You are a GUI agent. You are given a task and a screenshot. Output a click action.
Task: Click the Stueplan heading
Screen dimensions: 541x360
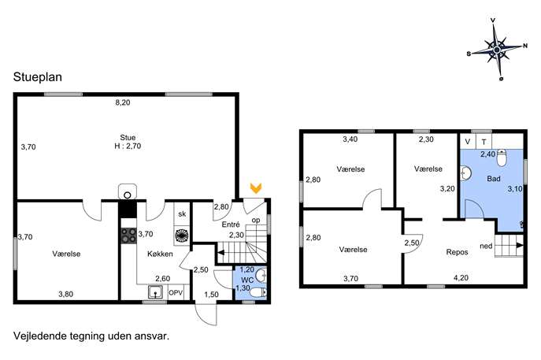[38, 77]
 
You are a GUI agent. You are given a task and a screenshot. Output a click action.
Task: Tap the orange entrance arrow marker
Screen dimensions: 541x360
[256, 188]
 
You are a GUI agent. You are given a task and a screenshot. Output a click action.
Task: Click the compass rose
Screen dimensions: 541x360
[496, 50]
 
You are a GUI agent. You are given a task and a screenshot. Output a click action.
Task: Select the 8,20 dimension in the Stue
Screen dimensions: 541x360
[123, 102]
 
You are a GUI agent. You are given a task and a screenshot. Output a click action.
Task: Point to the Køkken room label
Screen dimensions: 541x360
[160, 254]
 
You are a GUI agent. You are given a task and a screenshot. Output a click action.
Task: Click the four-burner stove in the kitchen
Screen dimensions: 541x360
[128, 236]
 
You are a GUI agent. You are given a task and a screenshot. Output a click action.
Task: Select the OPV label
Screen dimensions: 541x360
[176, 293]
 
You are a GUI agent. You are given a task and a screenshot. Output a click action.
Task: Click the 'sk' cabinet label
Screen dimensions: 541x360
[182, 214]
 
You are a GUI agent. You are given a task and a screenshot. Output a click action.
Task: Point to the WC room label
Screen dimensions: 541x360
[247, 280]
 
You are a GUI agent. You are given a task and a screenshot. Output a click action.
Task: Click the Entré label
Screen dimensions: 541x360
[231, 225]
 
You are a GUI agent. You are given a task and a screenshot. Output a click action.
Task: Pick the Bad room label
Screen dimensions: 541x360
[494, 179]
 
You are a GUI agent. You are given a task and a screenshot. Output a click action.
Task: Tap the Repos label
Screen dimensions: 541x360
[458, 252]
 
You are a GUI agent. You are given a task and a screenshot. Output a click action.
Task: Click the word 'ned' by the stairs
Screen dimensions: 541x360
[486, 246]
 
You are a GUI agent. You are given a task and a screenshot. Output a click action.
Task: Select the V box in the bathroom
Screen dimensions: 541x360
[468, 142]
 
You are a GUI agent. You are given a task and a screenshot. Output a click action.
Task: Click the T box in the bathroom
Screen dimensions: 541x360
[484, 142]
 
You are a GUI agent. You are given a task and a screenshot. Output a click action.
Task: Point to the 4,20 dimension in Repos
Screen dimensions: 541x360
[460, 278]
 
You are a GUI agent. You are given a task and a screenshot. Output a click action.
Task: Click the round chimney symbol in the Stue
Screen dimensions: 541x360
[128, 195]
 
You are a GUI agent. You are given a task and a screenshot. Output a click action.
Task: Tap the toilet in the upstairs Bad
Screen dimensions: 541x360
[502, 158]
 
